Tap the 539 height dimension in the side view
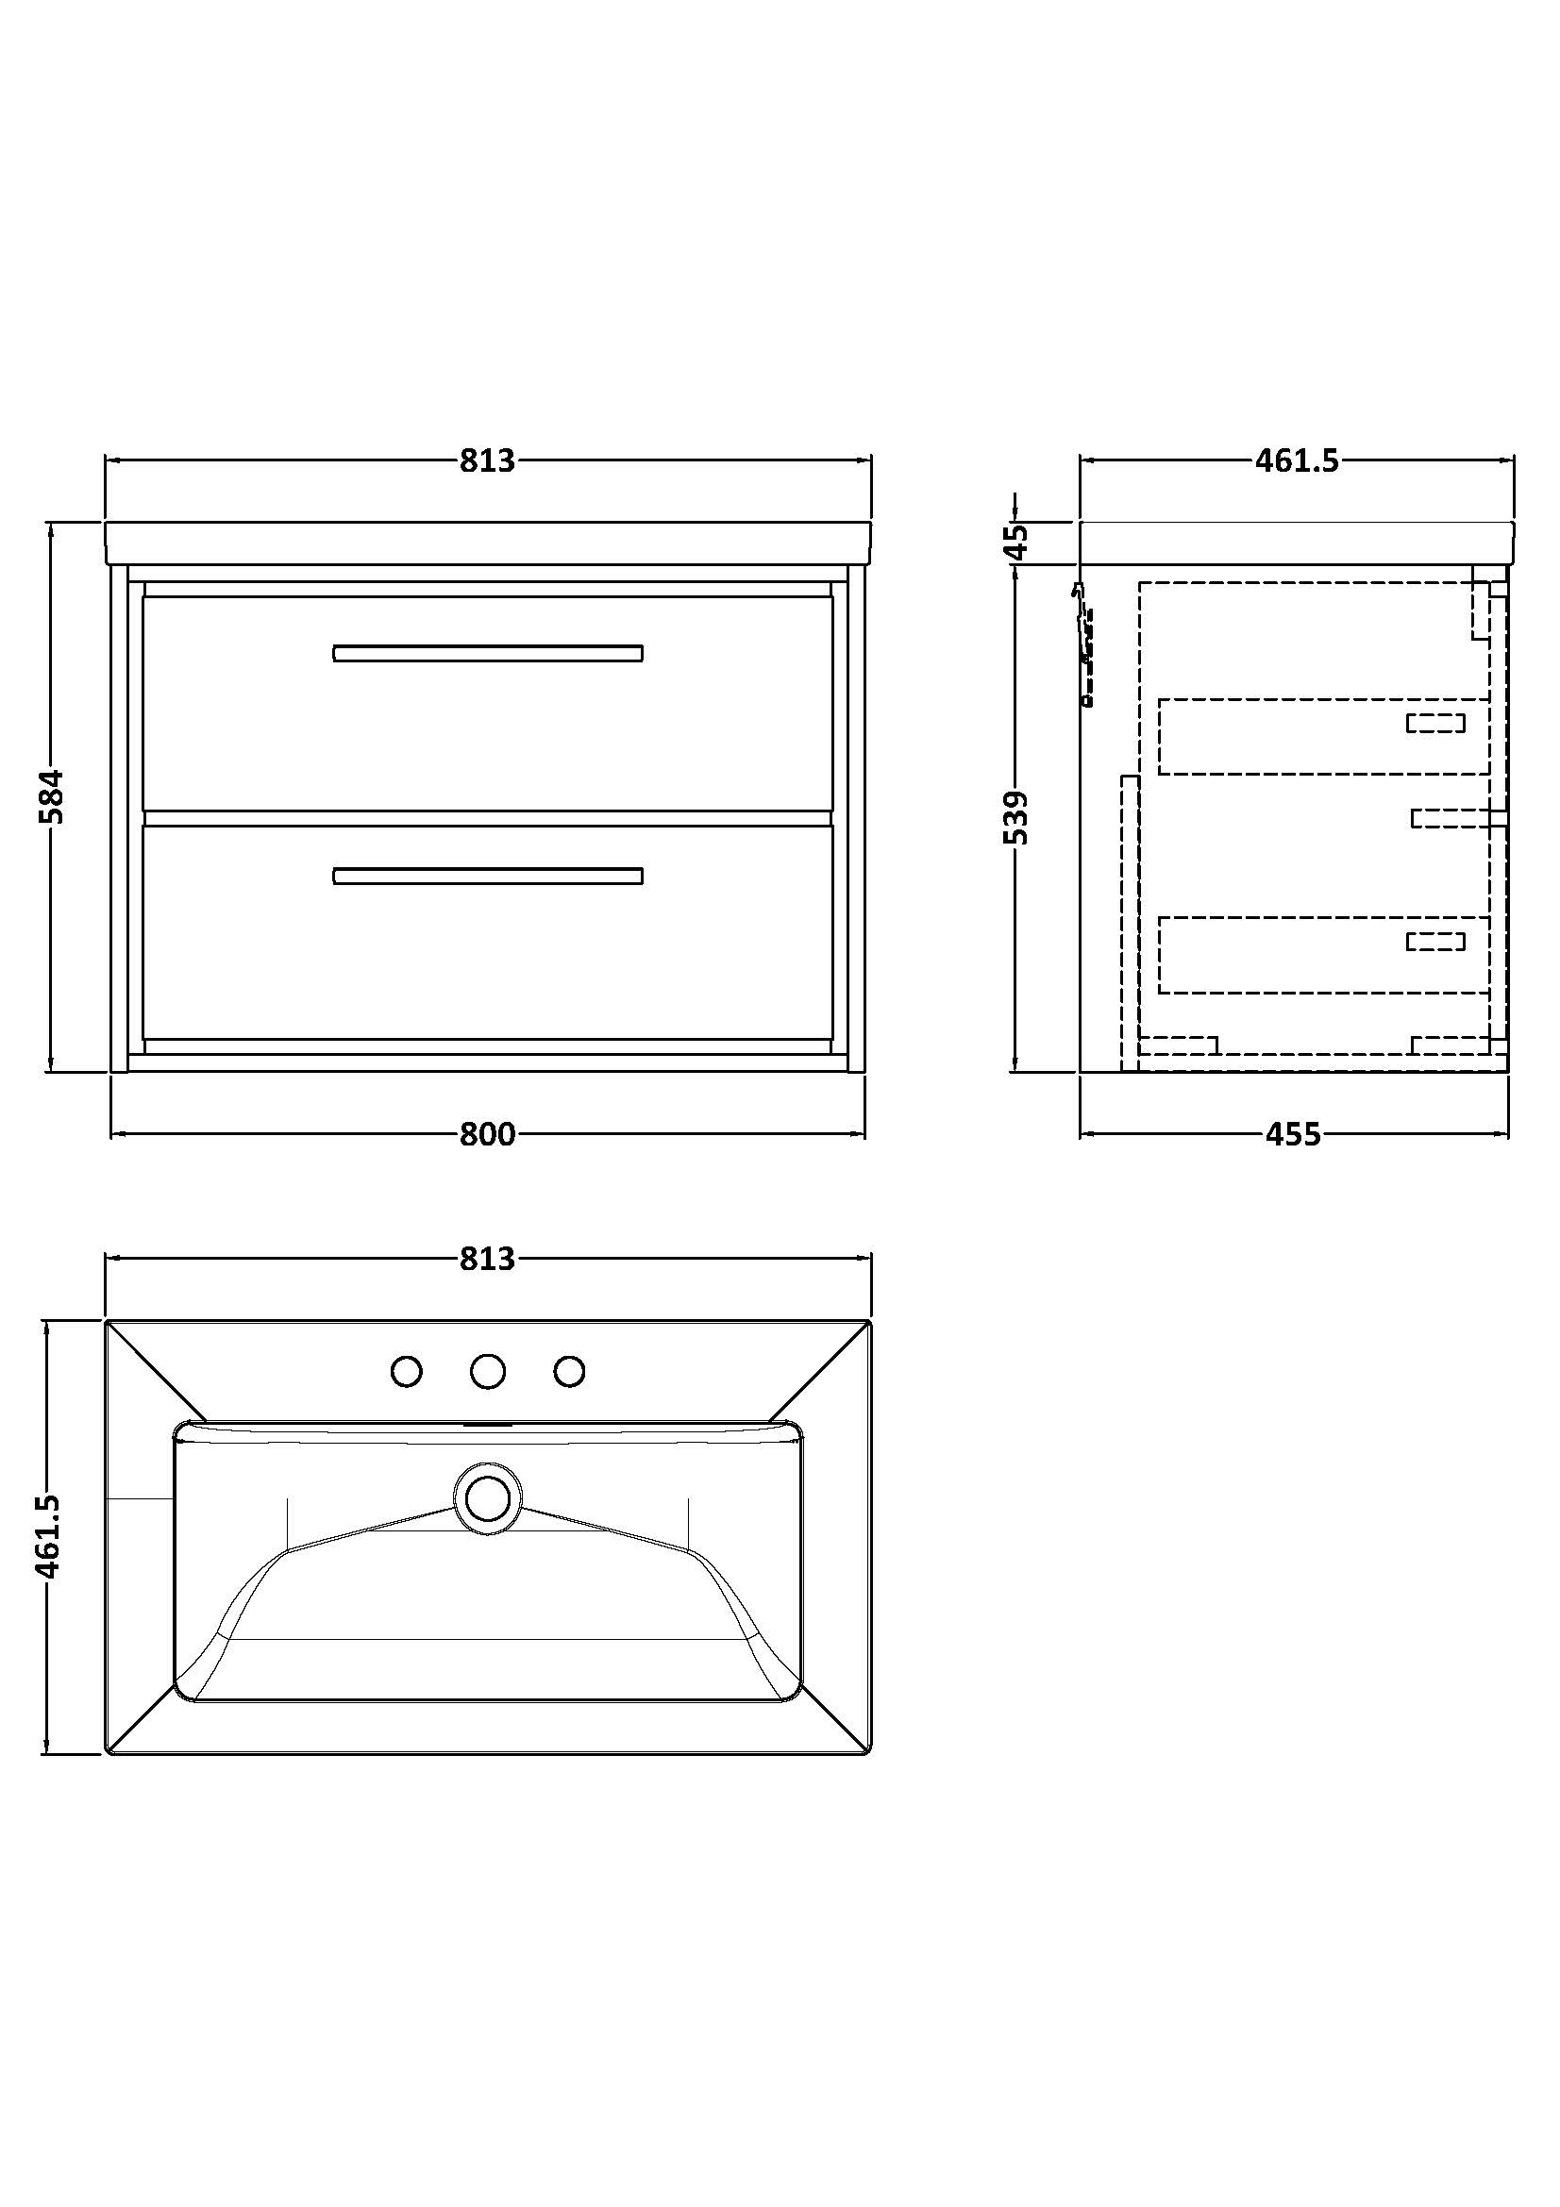tap(1015, 817)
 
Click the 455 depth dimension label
tap(1292, 1134)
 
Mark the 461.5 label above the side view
tap(1297, 461)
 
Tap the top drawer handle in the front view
tap(487, 654)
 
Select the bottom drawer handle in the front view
tap(487, 876)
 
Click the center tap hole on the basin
tap(488, 1372)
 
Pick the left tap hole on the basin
tap(407, 1372)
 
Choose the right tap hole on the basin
tap(570, 1372)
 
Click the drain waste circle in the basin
tap(487, 1498)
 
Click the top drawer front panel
tap(487, 703)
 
